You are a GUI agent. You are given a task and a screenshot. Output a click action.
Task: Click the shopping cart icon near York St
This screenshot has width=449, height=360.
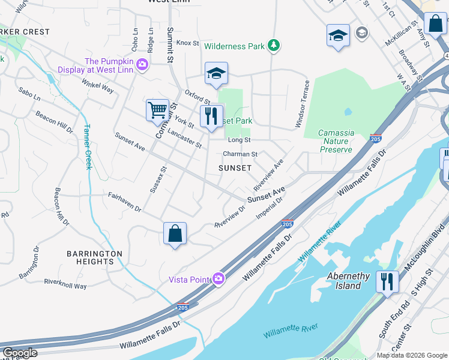(157, 110)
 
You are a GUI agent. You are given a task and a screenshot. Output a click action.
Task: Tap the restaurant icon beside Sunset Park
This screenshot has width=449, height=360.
(211, 115)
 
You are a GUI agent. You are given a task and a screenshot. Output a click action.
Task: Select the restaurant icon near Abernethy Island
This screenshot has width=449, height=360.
(387, 281)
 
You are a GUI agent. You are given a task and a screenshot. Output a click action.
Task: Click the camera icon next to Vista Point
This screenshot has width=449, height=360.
(218, 278)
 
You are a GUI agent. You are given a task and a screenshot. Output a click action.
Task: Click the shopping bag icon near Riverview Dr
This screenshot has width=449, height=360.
(175, 233)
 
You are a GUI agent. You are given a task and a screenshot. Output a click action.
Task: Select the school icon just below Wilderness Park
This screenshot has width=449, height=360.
(216, 73)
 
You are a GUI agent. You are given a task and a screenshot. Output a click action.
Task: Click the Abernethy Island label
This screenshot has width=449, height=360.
(348, 281)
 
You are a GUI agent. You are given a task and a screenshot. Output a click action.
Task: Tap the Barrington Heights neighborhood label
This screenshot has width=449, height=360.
(95, 257)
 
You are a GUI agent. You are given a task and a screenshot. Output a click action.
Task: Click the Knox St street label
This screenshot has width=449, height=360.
(187, 43)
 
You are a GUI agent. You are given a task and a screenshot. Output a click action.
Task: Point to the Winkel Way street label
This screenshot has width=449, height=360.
(100, 89)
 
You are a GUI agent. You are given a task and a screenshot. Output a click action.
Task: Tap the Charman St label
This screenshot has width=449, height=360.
(240, 154)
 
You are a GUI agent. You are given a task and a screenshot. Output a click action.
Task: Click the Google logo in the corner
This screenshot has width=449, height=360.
(19, 353)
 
